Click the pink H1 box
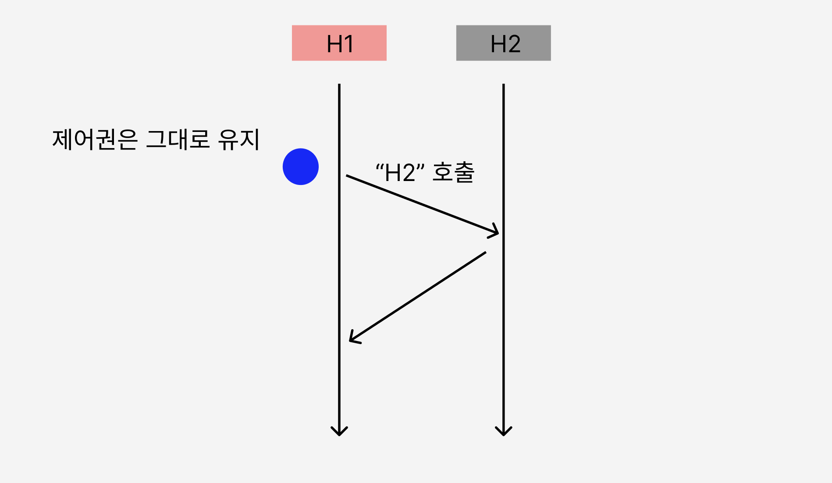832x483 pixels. click(x=339, y=43)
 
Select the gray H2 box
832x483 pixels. click(x=503, y=43)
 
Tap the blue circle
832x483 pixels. click(x=301, y=167)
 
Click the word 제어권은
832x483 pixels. click(x=95, y=140)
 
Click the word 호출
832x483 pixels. click(x=453, y=172)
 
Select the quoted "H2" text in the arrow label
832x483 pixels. click(x=401, y=172)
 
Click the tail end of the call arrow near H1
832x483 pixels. click(x=347, y=176)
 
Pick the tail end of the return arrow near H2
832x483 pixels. click(x=485, y=252)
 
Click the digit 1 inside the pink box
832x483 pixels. click(x=349, y=44)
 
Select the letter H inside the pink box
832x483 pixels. click(x=334, y=44)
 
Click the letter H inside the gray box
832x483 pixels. click(x=498, y=44)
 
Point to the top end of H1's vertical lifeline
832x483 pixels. click(x=339, y=85)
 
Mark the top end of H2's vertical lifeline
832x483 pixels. click(x=504, y=85)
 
